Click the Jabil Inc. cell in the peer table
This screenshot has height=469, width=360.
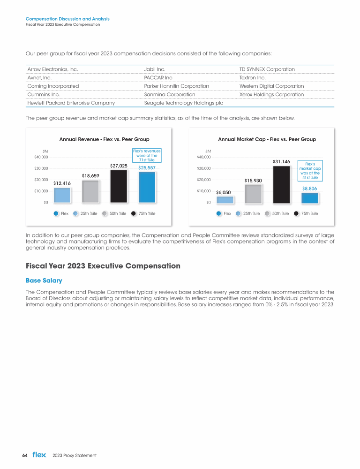(x=154, y=69)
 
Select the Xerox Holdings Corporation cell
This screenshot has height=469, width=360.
(x=268, y=94)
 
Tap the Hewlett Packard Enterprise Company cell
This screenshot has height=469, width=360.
(x=71, y=103)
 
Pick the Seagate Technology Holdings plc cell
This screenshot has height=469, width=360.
(x=183, y=103)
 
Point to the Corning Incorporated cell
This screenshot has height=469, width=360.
(x=53, y=86)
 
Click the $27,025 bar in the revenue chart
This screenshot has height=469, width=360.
(x=119, y=186)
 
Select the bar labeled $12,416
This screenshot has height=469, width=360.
(x=62, y=195)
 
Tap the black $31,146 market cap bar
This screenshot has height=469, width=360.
(x=281, y=184)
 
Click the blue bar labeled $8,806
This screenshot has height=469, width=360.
(x=310, y=198)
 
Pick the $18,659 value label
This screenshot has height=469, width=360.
(x=90, y=175)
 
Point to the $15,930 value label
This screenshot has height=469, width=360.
(x=253, y=181)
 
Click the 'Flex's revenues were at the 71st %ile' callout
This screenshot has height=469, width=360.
(x=147, y=156)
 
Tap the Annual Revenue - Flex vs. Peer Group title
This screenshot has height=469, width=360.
(x=104, y=139)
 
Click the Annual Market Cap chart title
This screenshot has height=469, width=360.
(x=267, y=139)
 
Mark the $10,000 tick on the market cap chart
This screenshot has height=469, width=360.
(x=202, y=191)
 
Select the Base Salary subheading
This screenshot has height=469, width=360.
(x=44, y=280)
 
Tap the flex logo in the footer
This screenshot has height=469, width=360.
(x=39, y=455)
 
